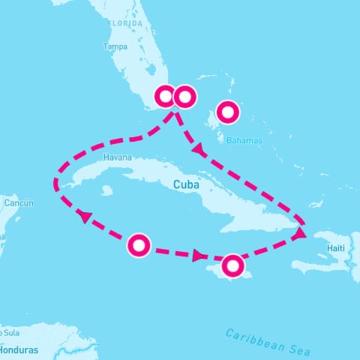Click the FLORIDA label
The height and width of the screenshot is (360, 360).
[x=125, y=24]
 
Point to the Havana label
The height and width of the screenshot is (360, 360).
[x=118, y=157]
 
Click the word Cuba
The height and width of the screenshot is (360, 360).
[x=185, y=184]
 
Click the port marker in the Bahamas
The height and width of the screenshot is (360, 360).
[x=227, y=113]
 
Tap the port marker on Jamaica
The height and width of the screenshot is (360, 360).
[x=233, y=265]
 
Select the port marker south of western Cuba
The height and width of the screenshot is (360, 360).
[x=139, y=245]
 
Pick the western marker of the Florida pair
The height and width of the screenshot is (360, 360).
[x=165, y=97]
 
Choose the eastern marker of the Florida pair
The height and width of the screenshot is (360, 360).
[x=184, y=97]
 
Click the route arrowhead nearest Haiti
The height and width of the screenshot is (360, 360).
[x=299, y=234]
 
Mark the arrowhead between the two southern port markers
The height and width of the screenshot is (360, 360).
[x=198, y=256]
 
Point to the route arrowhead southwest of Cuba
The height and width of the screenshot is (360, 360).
[x=85, y=216]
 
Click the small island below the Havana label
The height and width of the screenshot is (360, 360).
[x=106, y=190]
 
